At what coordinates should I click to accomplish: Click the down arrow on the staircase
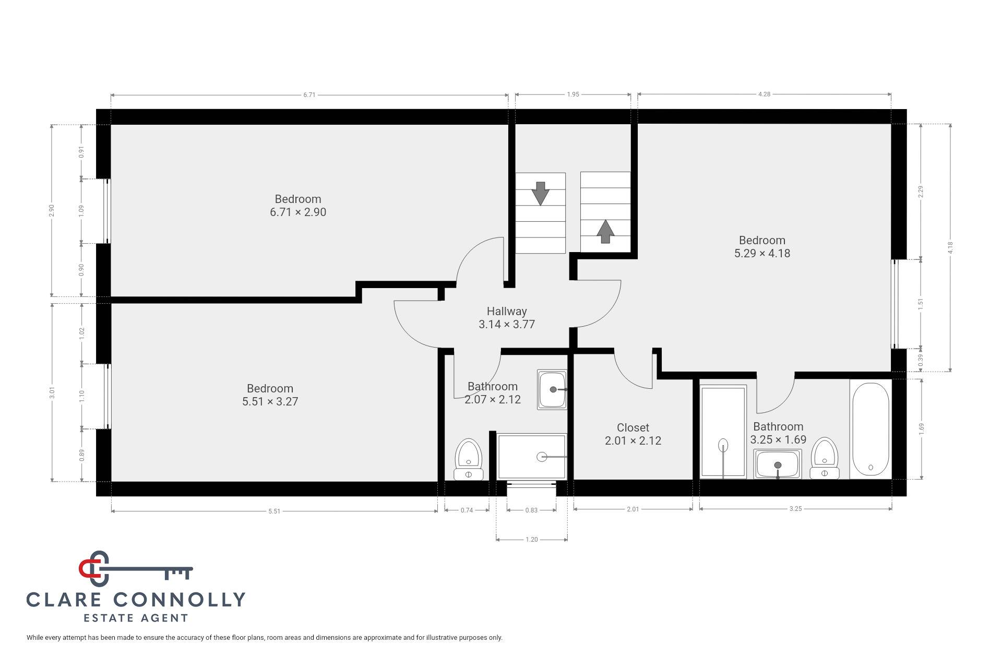pos(540,193)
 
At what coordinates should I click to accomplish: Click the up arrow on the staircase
pos(605,231)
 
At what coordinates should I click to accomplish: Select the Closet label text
pos(633,428)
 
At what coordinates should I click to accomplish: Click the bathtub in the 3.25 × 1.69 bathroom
pos(870,429)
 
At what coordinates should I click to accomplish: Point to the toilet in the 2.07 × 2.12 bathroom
pos(468,459)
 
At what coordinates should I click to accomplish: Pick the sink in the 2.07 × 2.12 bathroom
pos(552,390)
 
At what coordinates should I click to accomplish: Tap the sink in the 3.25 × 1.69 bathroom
pos(778,464)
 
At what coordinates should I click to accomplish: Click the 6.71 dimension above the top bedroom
pos(309,95)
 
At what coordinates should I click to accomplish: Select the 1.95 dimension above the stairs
pos(573,94)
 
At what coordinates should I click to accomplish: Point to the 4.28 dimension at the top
pos(764,94)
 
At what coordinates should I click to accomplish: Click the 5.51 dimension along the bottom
pos(275,511)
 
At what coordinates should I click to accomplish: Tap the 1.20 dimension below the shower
pos(531,540)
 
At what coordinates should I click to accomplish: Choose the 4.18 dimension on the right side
pos(950,248)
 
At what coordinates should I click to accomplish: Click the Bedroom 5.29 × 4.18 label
pos(762,247)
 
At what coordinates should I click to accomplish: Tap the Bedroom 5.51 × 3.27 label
pos(270,395)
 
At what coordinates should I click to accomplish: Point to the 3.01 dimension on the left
pos(52,392)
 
